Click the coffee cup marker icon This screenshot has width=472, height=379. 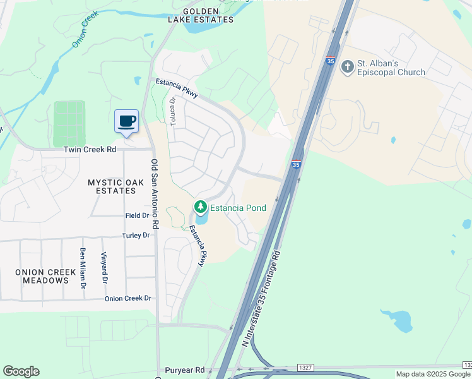pyautogui.click(x=126, y=121)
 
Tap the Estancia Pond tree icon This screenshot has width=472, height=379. pyautogui.click(x=201, y=207)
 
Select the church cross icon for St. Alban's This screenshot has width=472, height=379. pyautogui.click(x=347, y=66)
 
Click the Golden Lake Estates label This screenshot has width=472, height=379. pyautogui.click(x=201, y=16)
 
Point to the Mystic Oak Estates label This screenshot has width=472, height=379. pyautogui.click(x=112, y=186)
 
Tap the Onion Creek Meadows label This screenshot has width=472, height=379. pyautogui.click(x=41, y=276)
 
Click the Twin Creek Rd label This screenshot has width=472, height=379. pyautogui.click(x=90, y=150)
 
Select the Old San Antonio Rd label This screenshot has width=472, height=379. pyautogui.click(x=155, y=188)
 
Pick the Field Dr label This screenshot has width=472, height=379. pyautogui.click(x=137, y=215)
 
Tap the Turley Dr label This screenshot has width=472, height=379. pyautogui.click(x=136, y=236)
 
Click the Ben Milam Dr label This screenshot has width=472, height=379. pyautogui.click(x=83, y=268)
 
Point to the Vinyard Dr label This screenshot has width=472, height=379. pyautogui.click(x=104, y=269)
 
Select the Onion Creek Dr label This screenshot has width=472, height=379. pyautogui.click(x=128, y=298)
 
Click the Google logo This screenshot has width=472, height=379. pyautogui.click(x=21, y=371)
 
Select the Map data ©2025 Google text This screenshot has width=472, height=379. pyautogui.click(x=433, y=374)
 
